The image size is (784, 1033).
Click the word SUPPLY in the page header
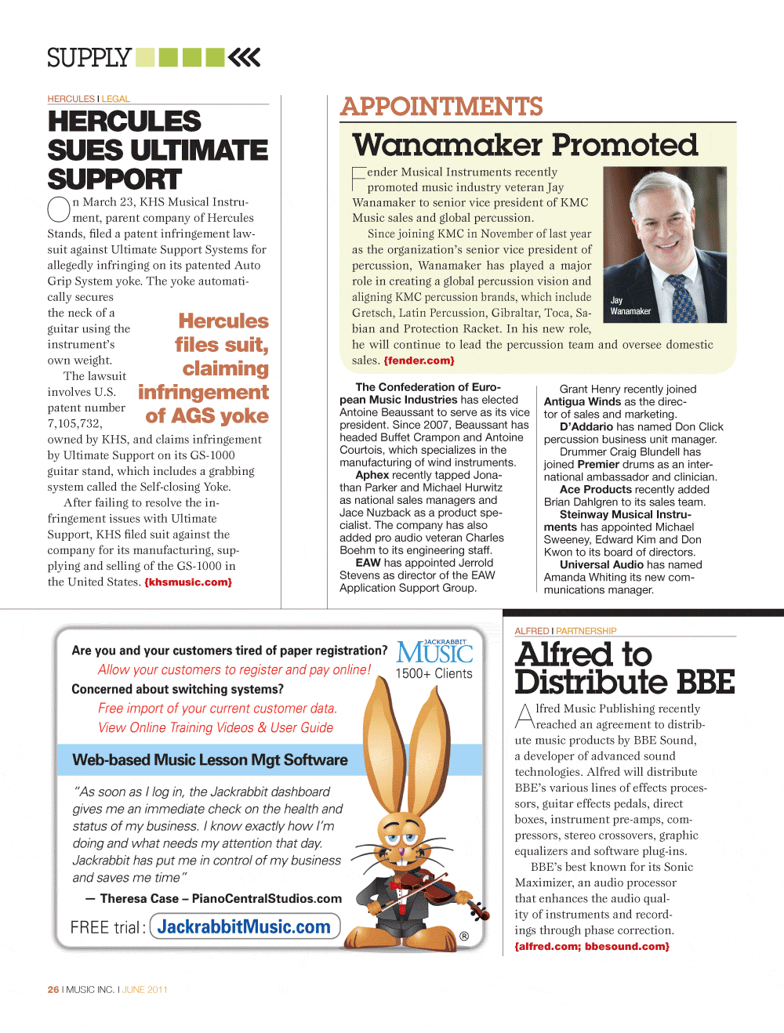[x=89, y=58]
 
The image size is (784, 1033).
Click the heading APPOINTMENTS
[x=441, y=107]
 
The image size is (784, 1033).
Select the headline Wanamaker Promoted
[x=524, y=145]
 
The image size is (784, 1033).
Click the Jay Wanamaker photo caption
[x=630, y=306]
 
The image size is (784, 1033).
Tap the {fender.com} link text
[x=419, y=361]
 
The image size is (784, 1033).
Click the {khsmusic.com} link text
[x=188, y=582]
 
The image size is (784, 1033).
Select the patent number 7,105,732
[x=74, y=423]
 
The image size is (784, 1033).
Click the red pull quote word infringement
[x=203, y=392]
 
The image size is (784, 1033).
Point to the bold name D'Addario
[x=586, y=426]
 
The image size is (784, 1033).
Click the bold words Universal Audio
[x=601, y=564]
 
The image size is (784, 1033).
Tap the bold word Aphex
[x=372, y=475]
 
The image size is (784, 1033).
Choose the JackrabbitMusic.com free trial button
[x=244, y=926]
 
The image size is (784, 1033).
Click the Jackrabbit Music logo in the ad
[x=434, y=652]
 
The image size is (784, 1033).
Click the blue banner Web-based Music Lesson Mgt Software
[x=209, y=759]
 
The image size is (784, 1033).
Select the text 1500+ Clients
[x=434, y=673]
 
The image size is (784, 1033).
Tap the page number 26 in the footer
[x=53, y=989]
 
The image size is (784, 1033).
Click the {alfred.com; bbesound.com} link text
[x=592, y=946]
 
